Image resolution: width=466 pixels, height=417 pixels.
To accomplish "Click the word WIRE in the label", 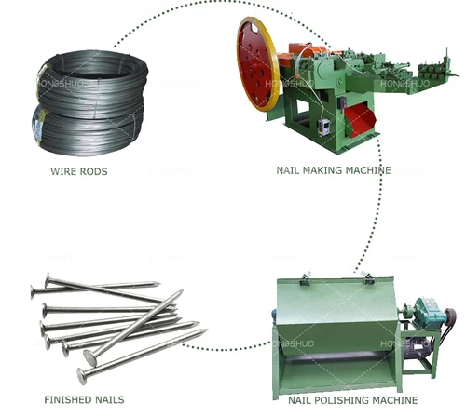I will (x=66, y=171).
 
